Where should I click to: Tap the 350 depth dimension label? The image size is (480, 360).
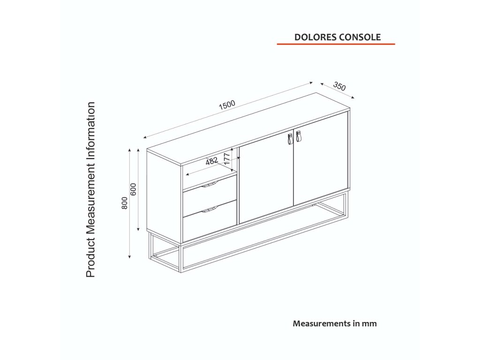(339, 87)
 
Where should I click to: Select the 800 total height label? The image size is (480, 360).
(124, 202)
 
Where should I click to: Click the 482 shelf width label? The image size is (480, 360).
(212, 161)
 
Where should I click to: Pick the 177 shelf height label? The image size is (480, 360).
(227, 158)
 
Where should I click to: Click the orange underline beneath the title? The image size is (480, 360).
(336, 44)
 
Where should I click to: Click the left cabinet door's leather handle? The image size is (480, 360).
(290, 139)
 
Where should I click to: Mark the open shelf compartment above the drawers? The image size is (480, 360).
(209, 173)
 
